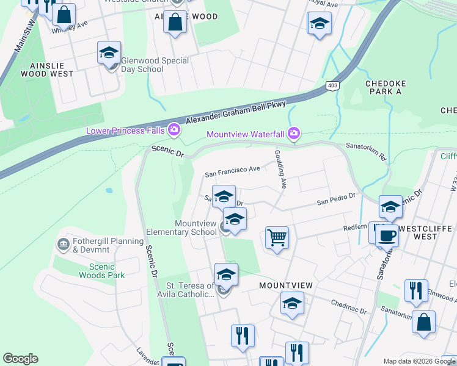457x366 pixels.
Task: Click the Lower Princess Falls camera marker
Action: click(174, 130)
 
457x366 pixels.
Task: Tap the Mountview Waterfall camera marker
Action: click(294, 134)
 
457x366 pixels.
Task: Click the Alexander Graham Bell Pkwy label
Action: click(236, 113)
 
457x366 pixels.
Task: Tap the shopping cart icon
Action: click(277, 237)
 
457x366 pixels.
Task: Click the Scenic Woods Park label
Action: click(101, 271)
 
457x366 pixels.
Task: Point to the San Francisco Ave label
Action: click(232, 171)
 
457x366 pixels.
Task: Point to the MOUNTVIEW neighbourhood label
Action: click(285, 285)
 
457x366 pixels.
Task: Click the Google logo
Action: click(20, 359)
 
